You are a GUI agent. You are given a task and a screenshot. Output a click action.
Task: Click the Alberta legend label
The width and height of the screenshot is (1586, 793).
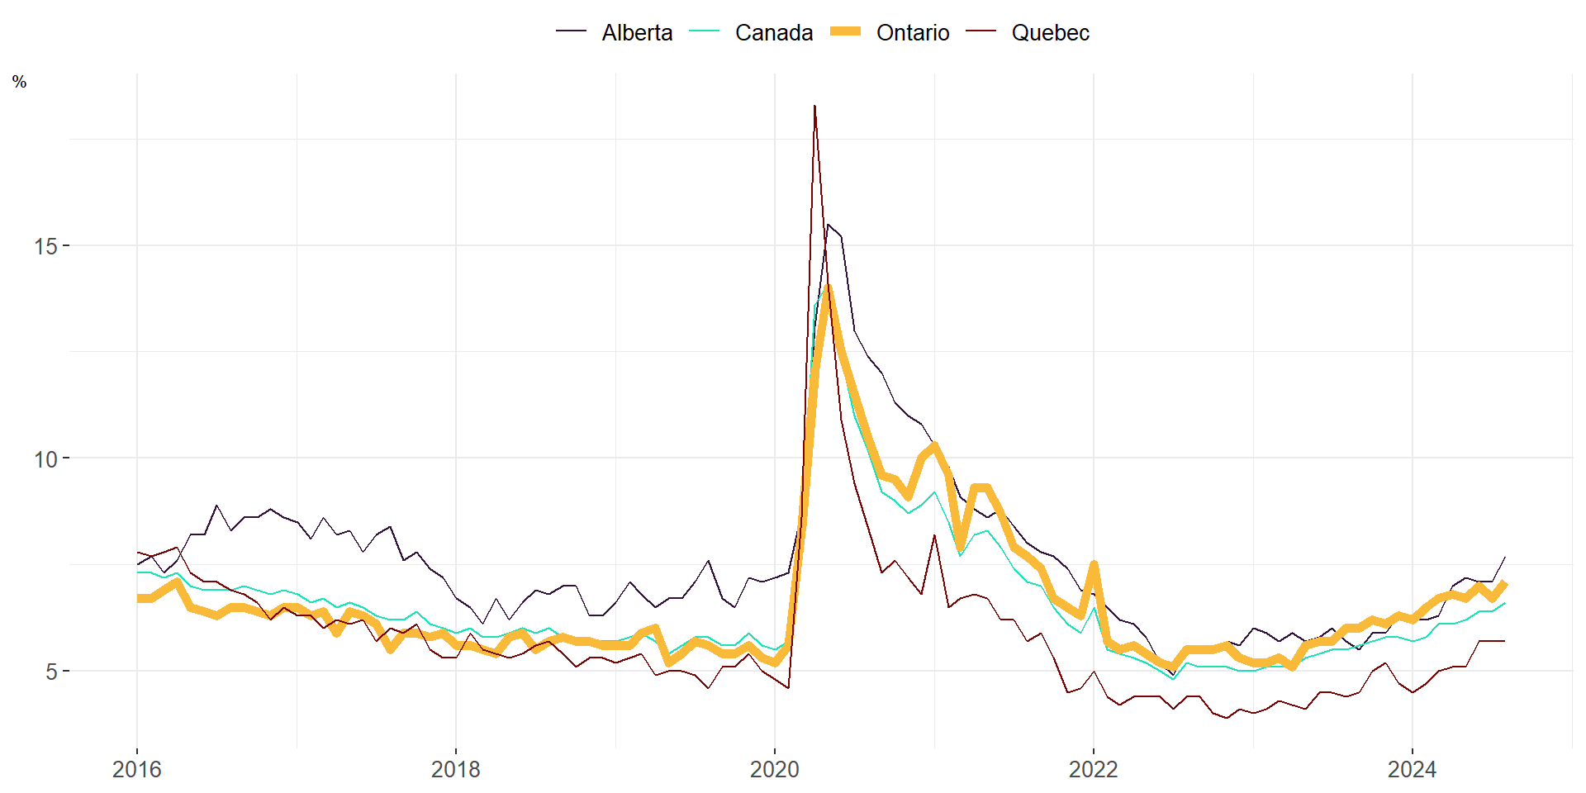tap(637, 33)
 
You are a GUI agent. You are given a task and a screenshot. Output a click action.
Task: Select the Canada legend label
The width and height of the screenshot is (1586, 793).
tap(774, 33)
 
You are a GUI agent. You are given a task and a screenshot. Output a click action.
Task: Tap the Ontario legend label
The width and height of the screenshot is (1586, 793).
tap(913, 33)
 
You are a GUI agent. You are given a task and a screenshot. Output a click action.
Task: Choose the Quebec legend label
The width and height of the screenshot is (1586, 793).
tap(1050, 33)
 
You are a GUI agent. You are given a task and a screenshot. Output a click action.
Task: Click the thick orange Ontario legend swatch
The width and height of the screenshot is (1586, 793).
tap(845, 31)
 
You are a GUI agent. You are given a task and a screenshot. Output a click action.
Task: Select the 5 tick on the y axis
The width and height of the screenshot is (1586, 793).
tap(51, 672)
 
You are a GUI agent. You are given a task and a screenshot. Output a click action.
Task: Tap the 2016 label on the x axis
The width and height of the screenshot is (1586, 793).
tap(137, 770)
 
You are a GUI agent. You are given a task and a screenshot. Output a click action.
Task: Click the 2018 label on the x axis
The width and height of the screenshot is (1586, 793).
tap(456, 770)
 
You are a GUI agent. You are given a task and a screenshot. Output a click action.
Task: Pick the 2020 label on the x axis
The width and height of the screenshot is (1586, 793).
tap(775, 770)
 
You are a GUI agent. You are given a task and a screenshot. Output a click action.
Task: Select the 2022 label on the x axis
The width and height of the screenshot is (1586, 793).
tap(1094, 770)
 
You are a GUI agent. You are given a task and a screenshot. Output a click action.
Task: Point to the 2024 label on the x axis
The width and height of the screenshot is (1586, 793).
tap(1413, 770)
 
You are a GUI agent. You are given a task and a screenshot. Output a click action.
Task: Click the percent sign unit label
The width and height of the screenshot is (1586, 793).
tap(20, 82)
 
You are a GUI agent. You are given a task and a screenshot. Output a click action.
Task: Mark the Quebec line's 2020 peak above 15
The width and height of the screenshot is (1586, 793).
tap(814, 106)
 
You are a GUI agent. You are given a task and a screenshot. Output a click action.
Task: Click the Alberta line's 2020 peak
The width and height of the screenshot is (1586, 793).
tap(829, 225)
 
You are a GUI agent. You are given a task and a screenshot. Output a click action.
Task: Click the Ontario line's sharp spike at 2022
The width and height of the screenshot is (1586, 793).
tap(1094, 564)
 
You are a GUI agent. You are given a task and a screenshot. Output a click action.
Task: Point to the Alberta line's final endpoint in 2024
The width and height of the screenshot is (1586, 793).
tap(1505, 557)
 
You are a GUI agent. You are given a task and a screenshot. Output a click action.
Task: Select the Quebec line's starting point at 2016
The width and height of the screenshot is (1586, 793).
tap(138, 553)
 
